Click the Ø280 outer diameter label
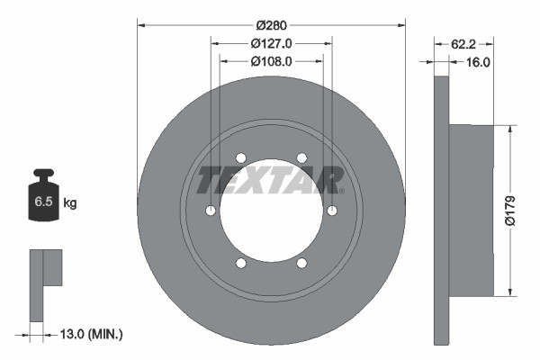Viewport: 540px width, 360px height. (x=271, y=26)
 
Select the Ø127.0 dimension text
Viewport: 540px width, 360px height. (x=272, y=44)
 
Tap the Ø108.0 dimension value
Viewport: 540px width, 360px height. (x=272, y=62)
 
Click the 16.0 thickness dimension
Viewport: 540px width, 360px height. (x=477, y=62)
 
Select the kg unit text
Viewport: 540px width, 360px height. (x=70, y=203)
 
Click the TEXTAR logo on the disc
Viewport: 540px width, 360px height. (x=271, y=180)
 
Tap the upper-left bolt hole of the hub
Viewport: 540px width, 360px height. (x=240, y=157)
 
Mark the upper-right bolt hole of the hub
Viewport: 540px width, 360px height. (x=301, y=157)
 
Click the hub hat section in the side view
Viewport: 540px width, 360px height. (x=471, y=210)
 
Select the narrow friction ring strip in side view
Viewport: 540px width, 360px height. (x=441, y=210)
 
